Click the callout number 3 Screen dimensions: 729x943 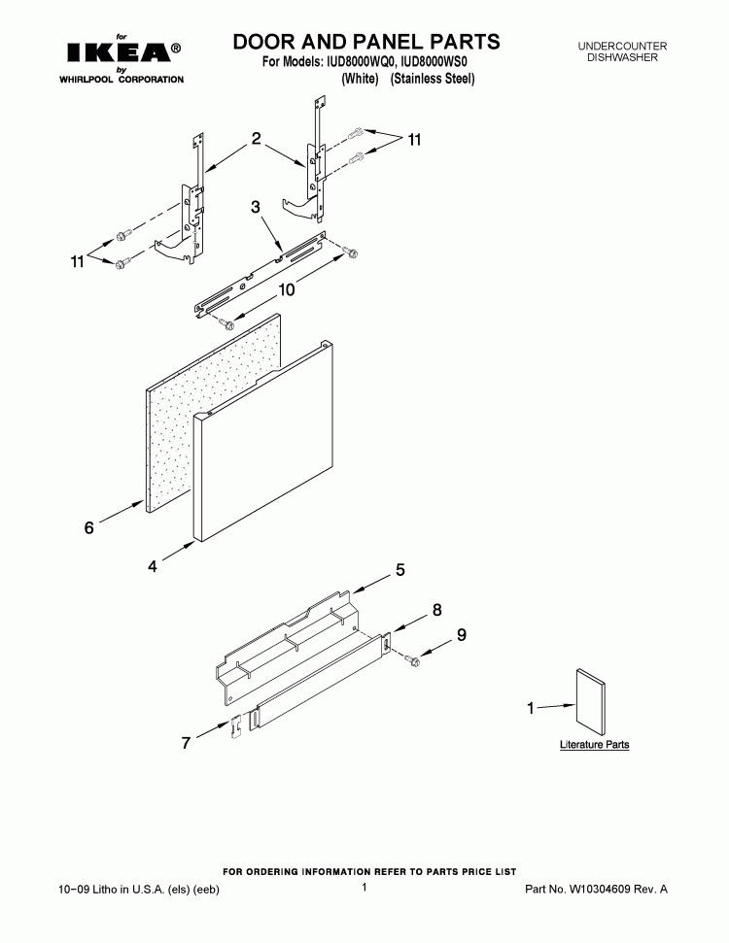pos(256,207)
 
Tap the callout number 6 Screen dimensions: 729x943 pos(89,528)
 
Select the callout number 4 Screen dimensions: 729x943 pos(153,566)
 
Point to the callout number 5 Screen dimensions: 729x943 pos(400,569)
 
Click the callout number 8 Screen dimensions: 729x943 pos(437,610)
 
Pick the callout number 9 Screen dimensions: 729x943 pos(461,635)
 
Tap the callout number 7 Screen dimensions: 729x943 pos(186,743)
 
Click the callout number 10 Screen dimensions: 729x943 pos(286,289)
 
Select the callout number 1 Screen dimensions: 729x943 pos(531,708)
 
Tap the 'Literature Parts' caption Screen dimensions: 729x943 pos(594,745)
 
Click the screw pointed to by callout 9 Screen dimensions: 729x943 pos(412,659)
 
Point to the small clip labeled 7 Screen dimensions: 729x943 pos(236,724)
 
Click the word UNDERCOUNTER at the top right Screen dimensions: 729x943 pos(622,47)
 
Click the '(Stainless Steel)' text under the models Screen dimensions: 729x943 pos(433,79)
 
